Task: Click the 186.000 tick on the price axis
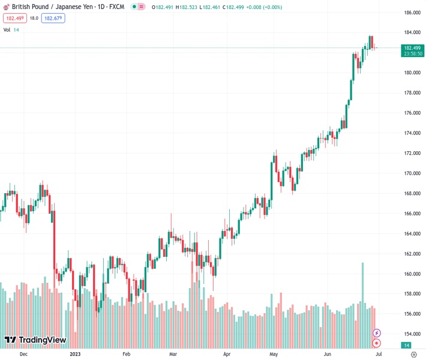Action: coord(411,13)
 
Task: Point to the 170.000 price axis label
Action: coord(411,173)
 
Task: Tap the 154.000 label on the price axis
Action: coord(411,334)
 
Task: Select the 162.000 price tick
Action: coord(411,254)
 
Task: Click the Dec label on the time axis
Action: coord(23,355)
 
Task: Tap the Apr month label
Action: coord(227,355)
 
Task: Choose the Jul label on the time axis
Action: coord(379,355)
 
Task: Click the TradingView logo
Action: coord(35,340)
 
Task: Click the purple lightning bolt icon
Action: coord(377,333)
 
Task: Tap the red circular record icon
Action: coord(377,343)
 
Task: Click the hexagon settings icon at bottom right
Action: coord(413,355)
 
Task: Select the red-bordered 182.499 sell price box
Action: coord(14,18)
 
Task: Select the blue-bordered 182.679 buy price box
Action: coord(53,18)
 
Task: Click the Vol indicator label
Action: coord(7,29)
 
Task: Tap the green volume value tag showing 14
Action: coord(407,345)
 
